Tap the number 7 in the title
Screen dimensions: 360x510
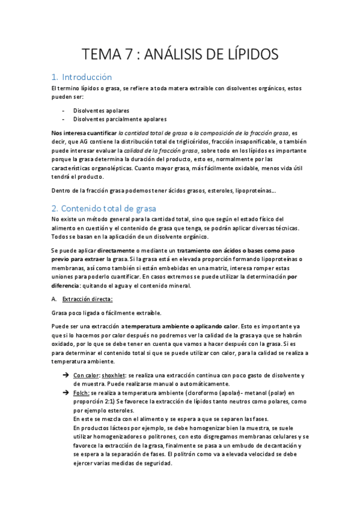[x=126, y=54]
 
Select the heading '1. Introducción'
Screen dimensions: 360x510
[x=82, y=77]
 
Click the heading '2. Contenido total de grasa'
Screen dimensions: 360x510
[x=104, y=209]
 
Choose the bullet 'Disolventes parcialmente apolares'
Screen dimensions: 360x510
[x=120, y=119]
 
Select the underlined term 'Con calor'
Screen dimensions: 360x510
[x=85, y=376]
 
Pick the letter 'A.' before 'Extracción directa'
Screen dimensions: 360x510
[x=54, y=299]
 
